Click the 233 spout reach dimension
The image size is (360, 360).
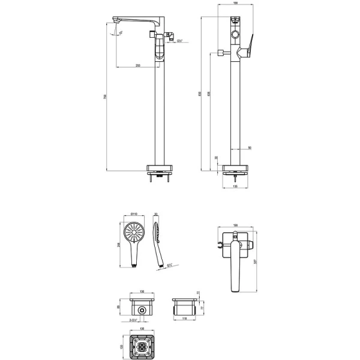pos(138,65)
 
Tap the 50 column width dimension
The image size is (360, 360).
pos(249,146)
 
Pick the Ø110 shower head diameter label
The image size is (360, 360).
pos(135,214)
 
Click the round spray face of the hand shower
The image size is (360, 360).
pos(134,232)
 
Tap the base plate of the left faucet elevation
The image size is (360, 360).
pos(158,168)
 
